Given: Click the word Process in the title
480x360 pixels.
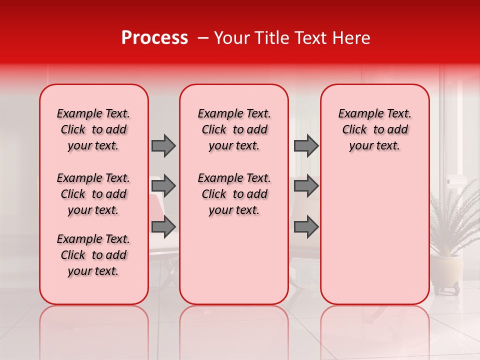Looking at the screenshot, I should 154,38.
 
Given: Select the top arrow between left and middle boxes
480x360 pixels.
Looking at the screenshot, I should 163,145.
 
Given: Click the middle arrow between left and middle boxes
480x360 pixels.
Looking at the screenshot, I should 163,186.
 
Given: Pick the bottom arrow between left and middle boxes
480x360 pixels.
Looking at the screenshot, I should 163,226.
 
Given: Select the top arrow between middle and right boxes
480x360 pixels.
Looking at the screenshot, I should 306,145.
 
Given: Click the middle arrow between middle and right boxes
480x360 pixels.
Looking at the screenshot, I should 306,186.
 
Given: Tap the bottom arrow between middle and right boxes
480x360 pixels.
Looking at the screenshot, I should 306,226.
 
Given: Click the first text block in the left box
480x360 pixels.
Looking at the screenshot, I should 93,129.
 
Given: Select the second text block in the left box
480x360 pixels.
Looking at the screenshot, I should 93,194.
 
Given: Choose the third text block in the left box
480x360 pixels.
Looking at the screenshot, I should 93,255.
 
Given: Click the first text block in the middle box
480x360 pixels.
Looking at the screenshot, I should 234,129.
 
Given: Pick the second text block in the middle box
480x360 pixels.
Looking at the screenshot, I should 234,194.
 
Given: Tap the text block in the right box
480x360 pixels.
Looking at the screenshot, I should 374,129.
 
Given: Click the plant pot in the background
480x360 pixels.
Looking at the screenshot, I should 446,270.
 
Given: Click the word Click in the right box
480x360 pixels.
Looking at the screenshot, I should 354,130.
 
